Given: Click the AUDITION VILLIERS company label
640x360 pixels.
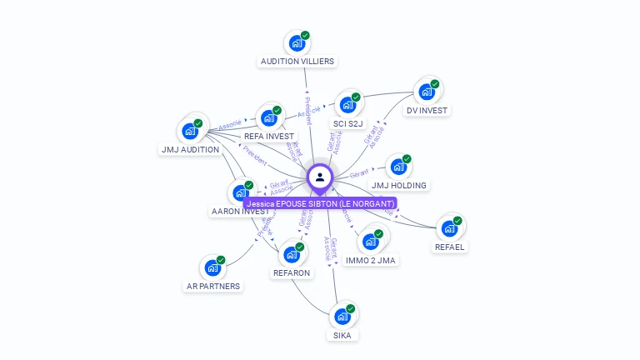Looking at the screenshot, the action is [x=297, y=61].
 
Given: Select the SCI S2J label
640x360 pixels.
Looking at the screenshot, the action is [x=348, y=123].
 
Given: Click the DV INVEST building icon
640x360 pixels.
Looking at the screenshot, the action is [x=427, y=92].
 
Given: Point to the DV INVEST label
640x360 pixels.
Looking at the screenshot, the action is [x=427, y=110].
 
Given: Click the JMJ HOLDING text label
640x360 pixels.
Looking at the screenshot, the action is [x=399, y=185].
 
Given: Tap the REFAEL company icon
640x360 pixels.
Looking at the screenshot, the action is [x=449, y=228].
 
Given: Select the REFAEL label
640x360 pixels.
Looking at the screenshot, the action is [x=450, y=247].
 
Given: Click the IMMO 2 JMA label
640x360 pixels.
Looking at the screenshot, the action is [x=371, y=260].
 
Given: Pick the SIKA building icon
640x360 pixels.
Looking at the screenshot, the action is [x=341, y=317].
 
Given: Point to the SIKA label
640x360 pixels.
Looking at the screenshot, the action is [x=342, y=335].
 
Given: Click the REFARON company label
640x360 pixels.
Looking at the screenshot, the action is [x=292, y=272].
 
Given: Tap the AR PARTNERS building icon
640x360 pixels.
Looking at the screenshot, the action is [x=212, y=268].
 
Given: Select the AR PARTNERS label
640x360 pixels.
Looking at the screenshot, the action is [x=212, y=286].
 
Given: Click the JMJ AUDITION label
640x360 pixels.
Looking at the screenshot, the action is [x=189, y=150].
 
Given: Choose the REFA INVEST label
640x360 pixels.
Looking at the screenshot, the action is [x=269, y=136].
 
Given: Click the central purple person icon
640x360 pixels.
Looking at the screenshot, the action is [x=320, y=177].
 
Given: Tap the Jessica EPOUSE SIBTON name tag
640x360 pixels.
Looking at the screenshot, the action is [x=320, y=202].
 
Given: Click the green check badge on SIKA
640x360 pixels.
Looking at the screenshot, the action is [x=351, y=308].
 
